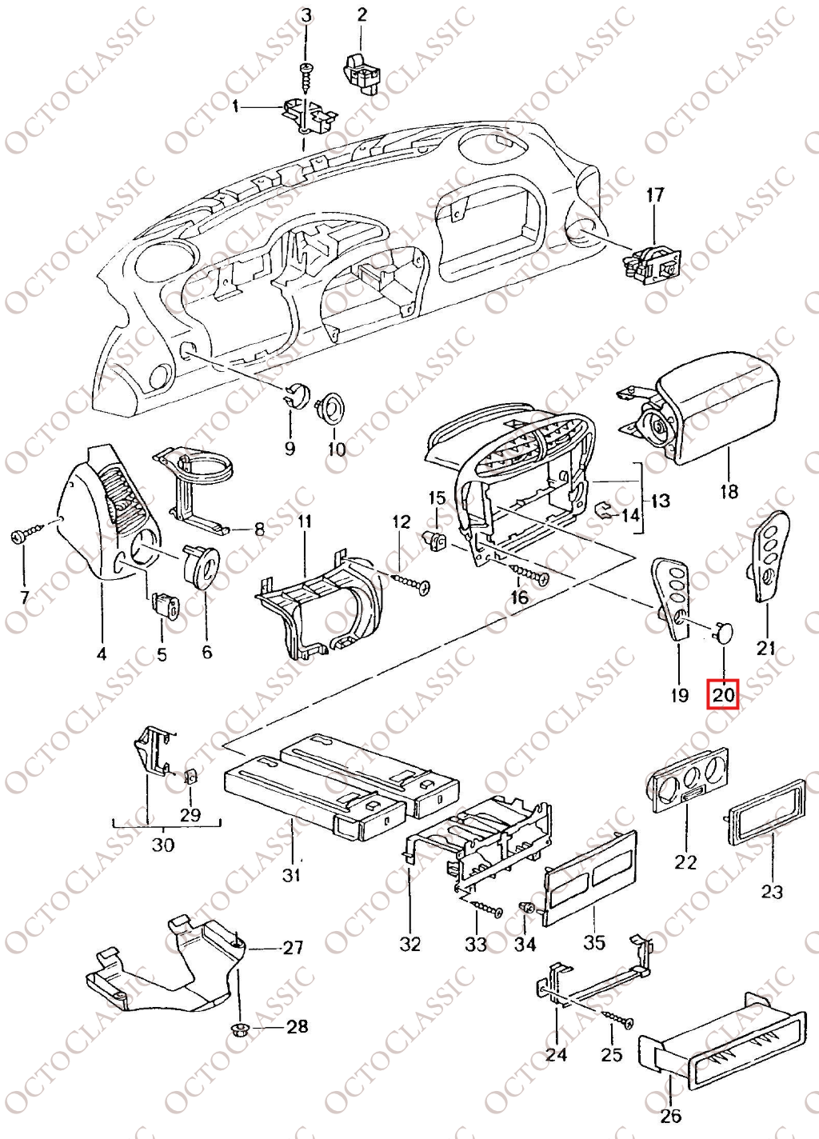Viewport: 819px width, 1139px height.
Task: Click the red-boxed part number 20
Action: [x=723, y=694]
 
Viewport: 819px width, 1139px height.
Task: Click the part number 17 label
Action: [x=655, y=194]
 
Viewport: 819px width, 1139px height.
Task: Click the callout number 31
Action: [x=292, y=874]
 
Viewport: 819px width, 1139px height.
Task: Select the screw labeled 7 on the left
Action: [x=23, y=536]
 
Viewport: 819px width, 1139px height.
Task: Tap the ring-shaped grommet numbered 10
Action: [x=330, y=408]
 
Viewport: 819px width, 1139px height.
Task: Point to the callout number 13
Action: [x=660, y=502]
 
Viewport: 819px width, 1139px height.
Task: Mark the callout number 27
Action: [x=294, y=948]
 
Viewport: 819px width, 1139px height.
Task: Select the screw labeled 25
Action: [x=617, y=1020]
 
